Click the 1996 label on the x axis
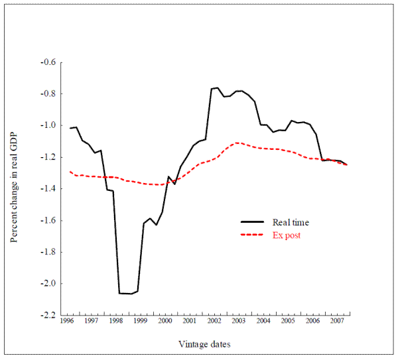point(66,321)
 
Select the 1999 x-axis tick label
point(140,321)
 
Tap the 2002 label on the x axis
point(214,321)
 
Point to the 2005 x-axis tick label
point(288,321)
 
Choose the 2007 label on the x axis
point(337,321)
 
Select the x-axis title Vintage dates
point(204,344)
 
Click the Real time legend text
point(291,223)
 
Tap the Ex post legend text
point(287,235)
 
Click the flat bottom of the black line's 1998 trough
point(126,293)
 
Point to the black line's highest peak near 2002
point(216,88)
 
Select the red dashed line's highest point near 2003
point(237,143)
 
